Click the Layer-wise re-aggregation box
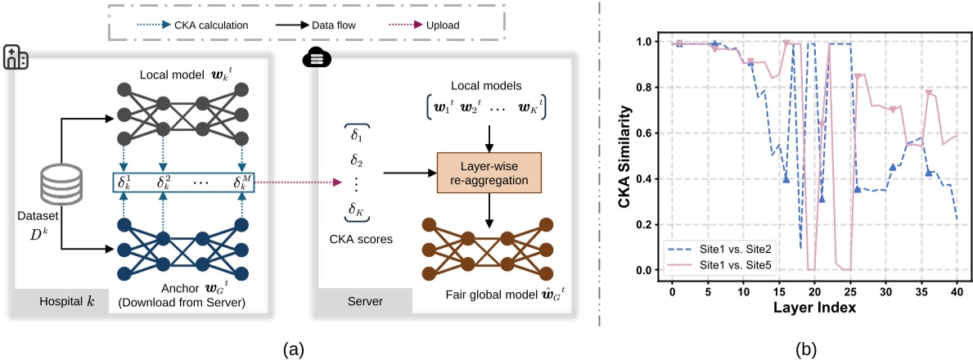pos(489,173)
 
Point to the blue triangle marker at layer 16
pos(786,179)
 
